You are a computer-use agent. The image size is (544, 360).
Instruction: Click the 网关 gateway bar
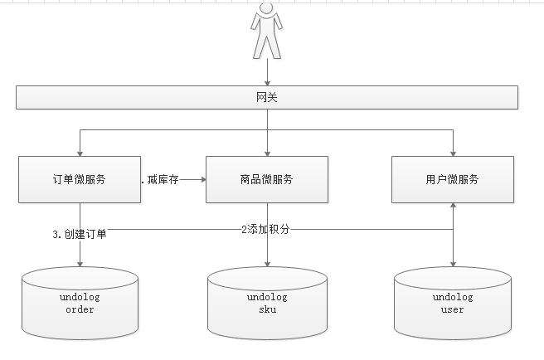pyautogui.click(x=267, y=98)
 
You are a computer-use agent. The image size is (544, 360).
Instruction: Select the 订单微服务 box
pyautogui.click(x=79, y=179)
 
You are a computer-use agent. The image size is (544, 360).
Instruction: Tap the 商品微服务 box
pyautogui.click(x=266, y=179)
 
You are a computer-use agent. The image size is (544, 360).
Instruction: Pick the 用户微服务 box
pyautogui.click(x=453, y=179)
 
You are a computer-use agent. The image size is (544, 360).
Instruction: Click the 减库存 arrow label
pyautogui.click(x=163, y=179)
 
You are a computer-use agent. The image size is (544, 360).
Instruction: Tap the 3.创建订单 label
pyautogui.click(x=80, y=234)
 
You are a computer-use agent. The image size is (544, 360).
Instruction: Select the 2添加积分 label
pyautogui.click(x=265, y=228)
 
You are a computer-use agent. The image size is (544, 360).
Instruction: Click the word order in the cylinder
pyautogui.click(x=80, y=310)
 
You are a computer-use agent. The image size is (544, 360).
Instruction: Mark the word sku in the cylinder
pyautogui.click(x=267, y=310)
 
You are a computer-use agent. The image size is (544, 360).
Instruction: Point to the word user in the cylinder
pyautogui.click(x=453, y=310)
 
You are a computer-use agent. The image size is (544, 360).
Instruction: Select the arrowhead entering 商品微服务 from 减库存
pyautogui.click(x=202, y=179)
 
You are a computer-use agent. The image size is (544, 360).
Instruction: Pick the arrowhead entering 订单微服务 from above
pyautogui.click(x=80, y=153)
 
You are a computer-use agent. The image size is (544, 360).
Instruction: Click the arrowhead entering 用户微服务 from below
pyautogui.click(x=453, y=206)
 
